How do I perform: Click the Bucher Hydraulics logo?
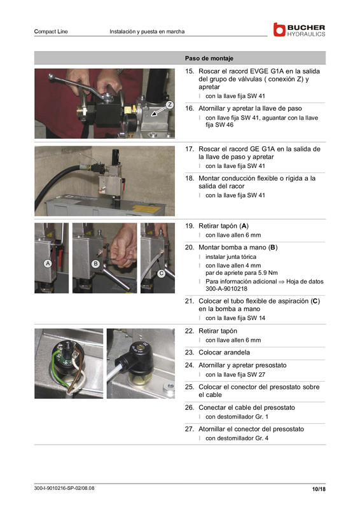[299, 30]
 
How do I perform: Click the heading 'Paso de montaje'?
[209, 58]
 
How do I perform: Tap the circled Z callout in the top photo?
[169, 104]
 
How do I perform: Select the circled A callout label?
[47, 263]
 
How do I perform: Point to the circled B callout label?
[95, 263]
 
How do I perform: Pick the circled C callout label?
[162, 274]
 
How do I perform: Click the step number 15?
[189, 71]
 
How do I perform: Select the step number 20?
[189, 247]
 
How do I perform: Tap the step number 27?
[189, 429]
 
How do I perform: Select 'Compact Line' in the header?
[51, 31]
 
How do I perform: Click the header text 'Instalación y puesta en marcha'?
[147, 31]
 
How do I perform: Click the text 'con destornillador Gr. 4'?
[237, 438]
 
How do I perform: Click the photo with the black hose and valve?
[104, 181]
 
